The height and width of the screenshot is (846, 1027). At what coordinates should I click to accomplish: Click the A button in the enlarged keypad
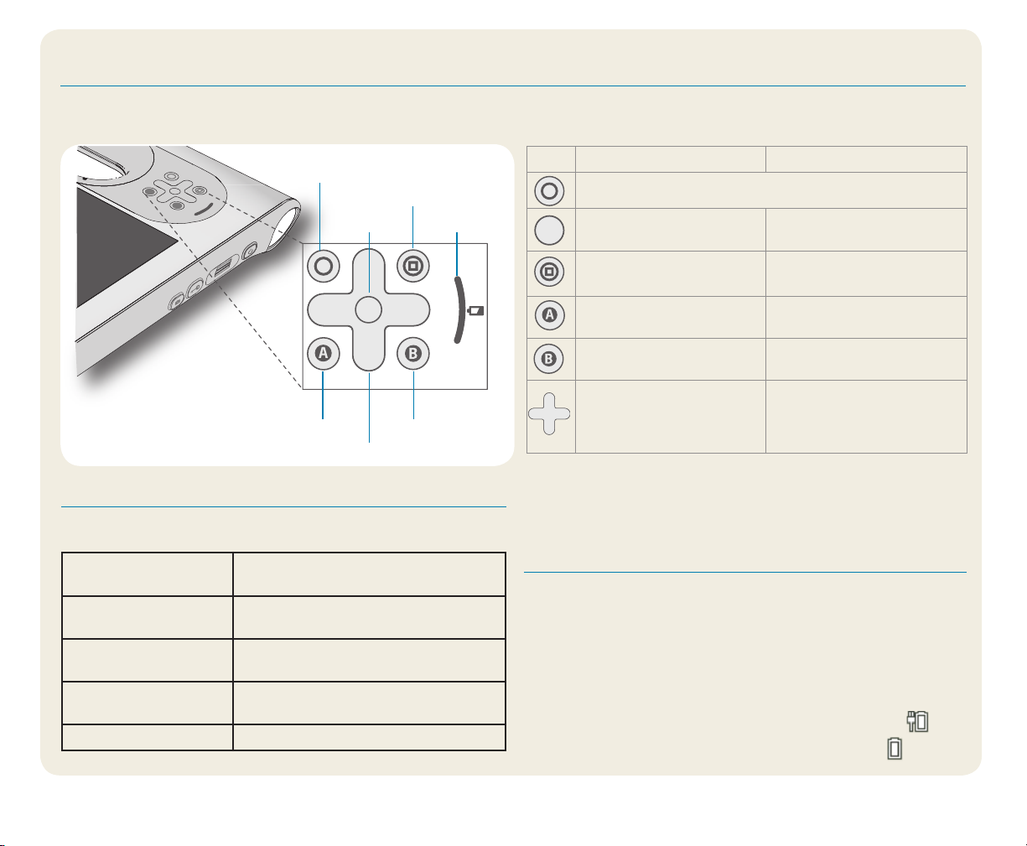(323, 353)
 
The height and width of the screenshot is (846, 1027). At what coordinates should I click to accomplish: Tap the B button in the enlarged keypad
(412, 353)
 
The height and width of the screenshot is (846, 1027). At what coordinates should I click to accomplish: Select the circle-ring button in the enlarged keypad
(323, 266)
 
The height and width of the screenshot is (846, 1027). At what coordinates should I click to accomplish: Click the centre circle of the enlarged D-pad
(368, 310)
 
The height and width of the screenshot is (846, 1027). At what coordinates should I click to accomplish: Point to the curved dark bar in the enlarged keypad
(459, 310)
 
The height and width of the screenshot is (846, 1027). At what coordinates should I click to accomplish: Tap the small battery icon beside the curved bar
(475, 311)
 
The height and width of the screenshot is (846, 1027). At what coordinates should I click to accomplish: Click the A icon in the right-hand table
(549, 314)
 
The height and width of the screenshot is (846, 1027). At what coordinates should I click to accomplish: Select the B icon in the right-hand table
(548, 359)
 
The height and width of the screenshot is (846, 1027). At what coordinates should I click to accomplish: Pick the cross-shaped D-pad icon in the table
(549, 413)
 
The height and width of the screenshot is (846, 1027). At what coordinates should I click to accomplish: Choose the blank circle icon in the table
(549, 231)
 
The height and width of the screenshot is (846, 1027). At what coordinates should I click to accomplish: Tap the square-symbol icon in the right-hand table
(549, 272)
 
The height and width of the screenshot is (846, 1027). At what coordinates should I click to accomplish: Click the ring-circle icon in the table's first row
(549, 191)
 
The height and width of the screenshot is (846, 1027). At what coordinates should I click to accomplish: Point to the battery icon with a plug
(918, 722)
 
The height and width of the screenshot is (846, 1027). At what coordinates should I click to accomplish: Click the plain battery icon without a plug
(895, 749)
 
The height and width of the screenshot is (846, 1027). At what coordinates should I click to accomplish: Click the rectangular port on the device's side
(223, 267)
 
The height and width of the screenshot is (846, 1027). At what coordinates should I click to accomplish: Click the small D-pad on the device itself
(174, 191)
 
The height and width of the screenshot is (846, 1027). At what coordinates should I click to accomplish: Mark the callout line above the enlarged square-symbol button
(412, 227)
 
